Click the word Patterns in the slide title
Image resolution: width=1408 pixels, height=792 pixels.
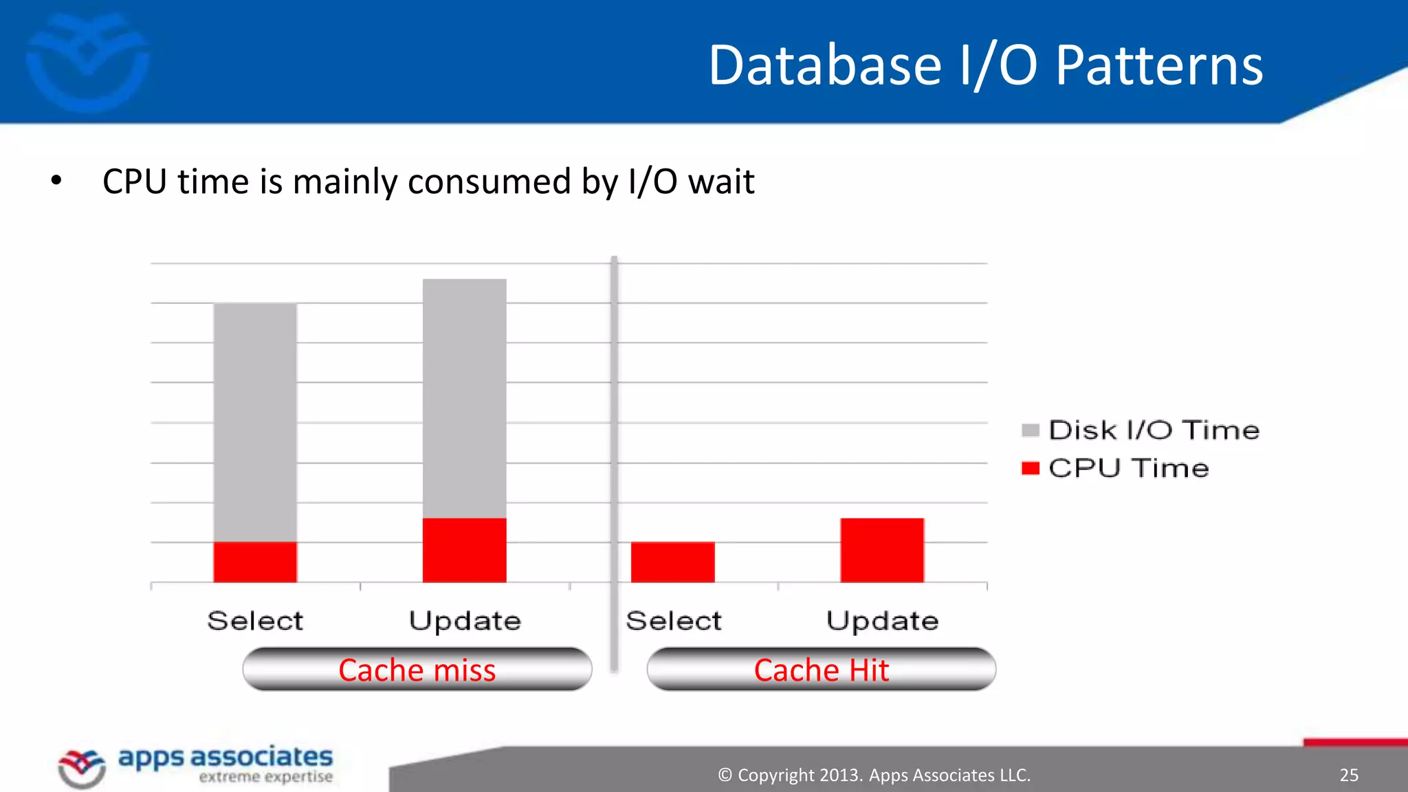coord(1159,65)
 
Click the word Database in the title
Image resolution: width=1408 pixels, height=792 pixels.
coord(824,65)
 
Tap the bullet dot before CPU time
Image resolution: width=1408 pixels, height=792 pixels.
coord(56,181)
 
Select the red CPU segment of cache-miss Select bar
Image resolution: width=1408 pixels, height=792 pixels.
coord(255,562)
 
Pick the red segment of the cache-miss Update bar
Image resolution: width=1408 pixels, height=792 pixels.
coord(464,550)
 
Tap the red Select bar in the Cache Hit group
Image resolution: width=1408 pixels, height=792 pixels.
coord(672,562)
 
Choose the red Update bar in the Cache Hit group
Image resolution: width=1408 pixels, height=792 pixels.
coord(882,550)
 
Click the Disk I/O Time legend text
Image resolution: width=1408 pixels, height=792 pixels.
coord(1154,430)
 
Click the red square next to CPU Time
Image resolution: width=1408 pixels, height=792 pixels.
coord(1030,468)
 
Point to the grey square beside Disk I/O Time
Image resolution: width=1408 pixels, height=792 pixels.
coord(1030,430)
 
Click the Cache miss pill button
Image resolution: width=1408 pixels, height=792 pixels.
coord(417,669)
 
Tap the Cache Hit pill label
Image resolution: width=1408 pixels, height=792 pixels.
coord(821,669)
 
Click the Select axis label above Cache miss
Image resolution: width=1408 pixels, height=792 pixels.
coord(255,621)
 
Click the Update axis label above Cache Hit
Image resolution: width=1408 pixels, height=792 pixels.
coord(882,621)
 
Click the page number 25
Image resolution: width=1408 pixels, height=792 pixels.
coord(1348,775)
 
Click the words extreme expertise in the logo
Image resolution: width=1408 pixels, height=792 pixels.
coord(265,777)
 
